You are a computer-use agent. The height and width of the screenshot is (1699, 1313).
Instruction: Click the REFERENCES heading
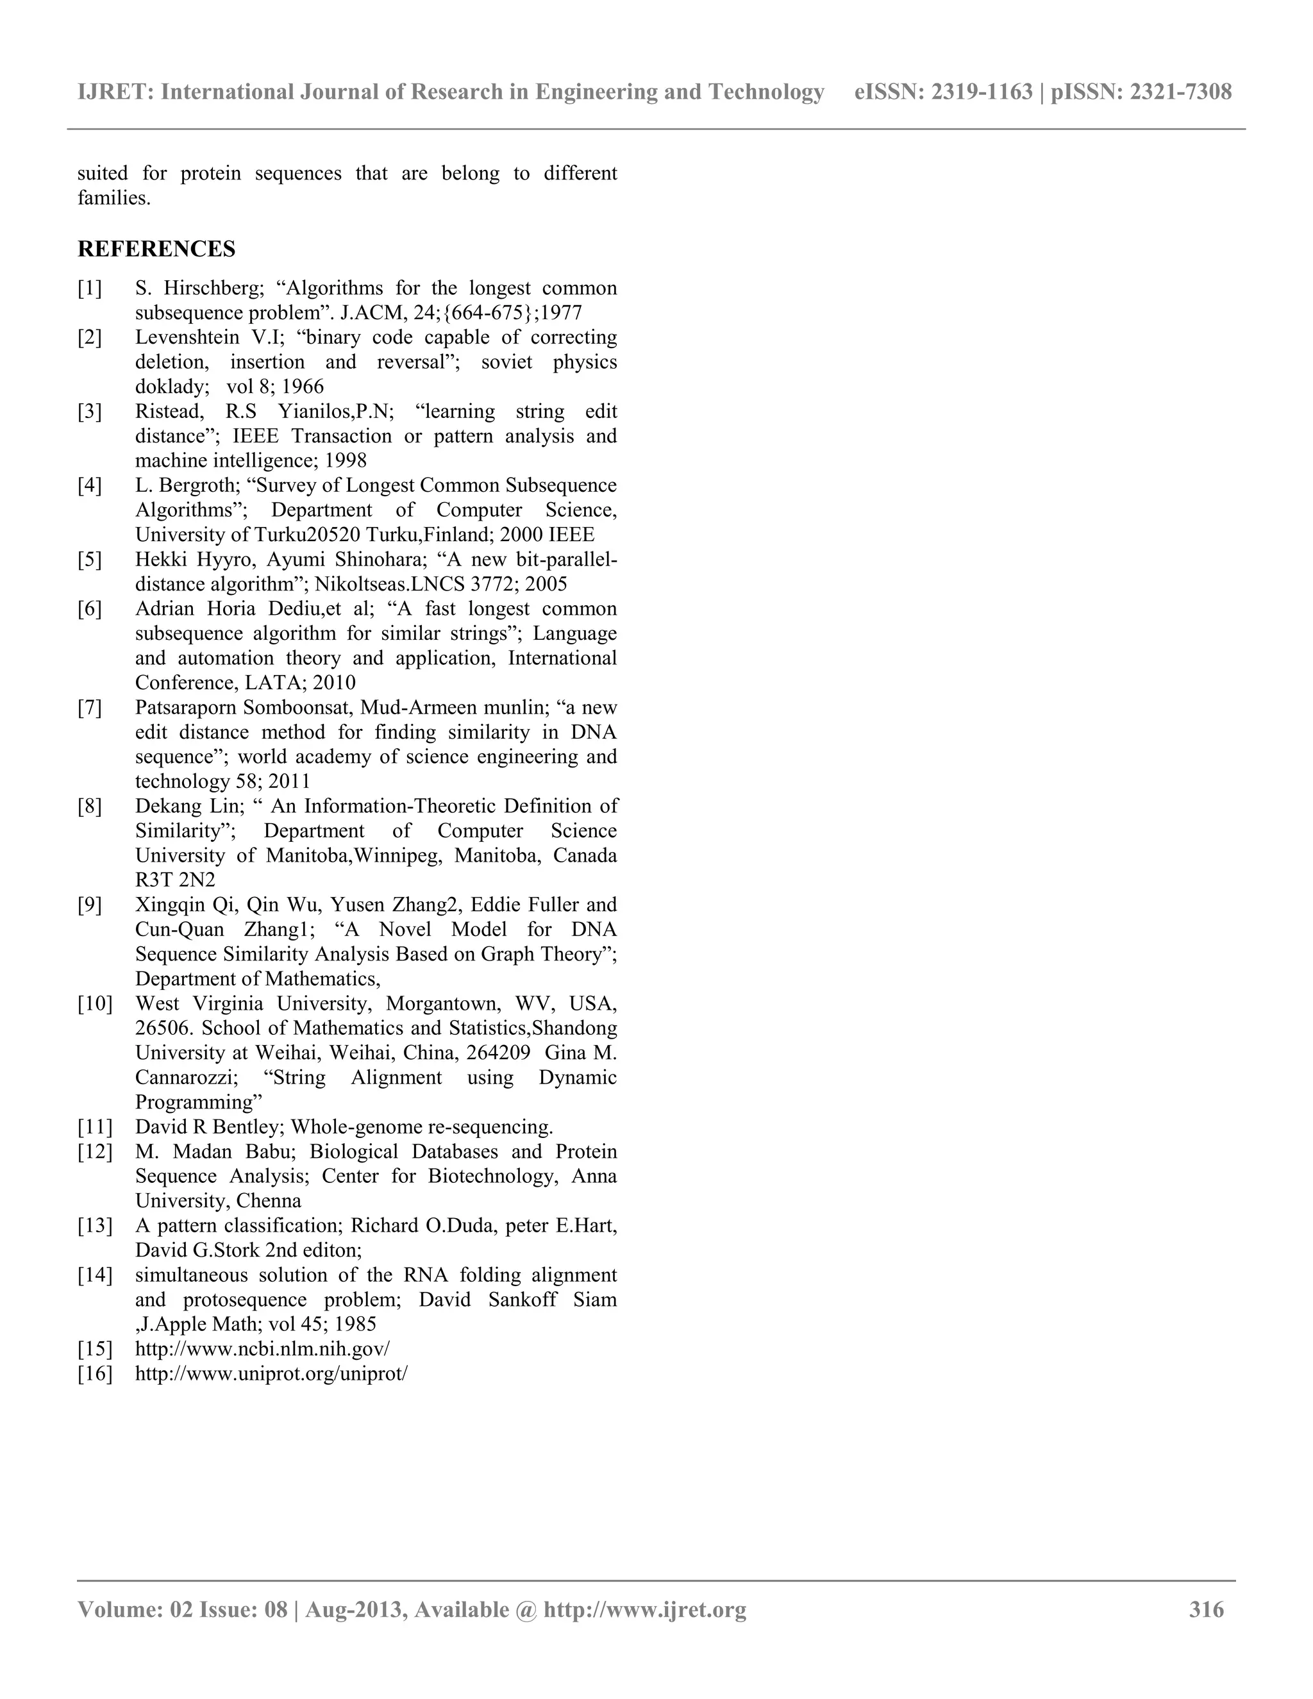click(156, 249)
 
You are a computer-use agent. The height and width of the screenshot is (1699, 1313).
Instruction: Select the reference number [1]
click(90, 289)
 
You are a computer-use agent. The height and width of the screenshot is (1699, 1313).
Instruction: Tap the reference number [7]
click(90, 708)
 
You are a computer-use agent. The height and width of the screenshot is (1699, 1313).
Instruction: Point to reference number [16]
click(95, 1373)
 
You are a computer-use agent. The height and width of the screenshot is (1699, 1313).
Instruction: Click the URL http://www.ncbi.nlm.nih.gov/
click(262, 1348)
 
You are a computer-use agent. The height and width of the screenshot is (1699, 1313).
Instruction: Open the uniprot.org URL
click(271, 1373)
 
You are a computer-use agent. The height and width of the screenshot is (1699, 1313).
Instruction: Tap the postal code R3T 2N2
click(175, 880)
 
